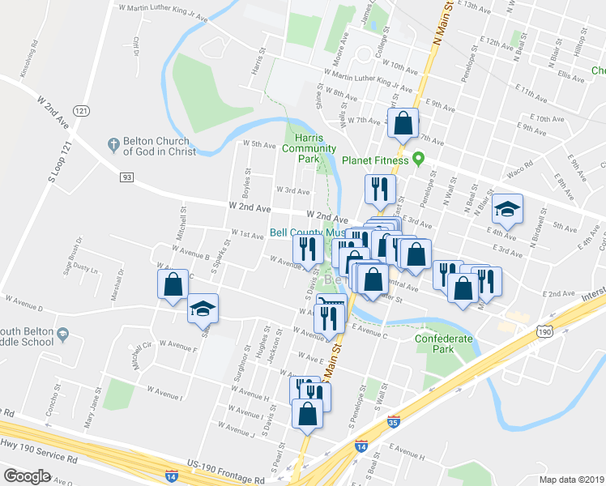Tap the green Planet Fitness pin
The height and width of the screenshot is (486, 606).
coord(419,159)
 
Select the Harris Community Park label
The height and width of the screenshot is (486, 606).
coord(309,148)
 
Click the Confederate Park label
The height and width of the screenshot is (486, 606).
coord(442,343)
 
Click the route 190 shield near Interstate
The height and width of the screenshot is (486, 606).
coord(545,331)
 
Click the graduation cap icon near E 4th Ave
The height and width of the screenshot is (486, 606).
coord(507,210)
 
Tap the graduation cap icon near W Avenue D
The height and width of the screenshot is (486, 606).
coord(203,308)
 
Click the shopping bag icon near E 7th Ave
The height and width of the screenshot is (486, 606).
coord(403,123)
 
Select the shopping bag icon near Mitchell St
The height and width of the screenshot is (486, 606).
coord(173,284)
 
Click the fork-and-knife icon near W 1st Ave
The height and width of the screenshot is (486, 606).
coord(308,248)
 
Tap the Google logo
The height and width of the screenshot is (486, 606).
coord(27,475)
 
